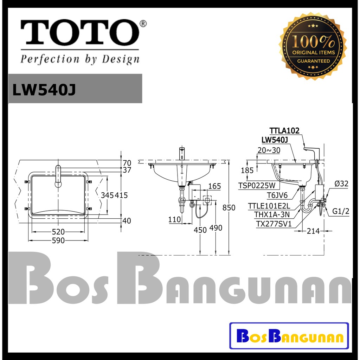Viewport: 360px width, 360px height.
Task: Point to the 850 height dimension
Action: [229, 208]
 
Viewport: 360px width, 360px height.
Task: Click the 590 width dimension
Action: [59, 241]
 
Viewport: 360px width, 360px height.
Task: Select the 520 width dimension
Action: [59, 232]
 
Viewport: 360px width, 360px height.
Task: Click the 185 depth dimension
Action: [247, 171]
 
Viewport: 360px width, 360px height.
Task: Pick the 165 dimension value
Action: [214, 186]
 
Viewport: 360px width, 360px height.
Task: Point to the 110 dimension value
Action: [174, 220]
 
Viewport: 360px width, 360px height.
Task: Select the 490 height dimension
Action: [216, 228]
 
